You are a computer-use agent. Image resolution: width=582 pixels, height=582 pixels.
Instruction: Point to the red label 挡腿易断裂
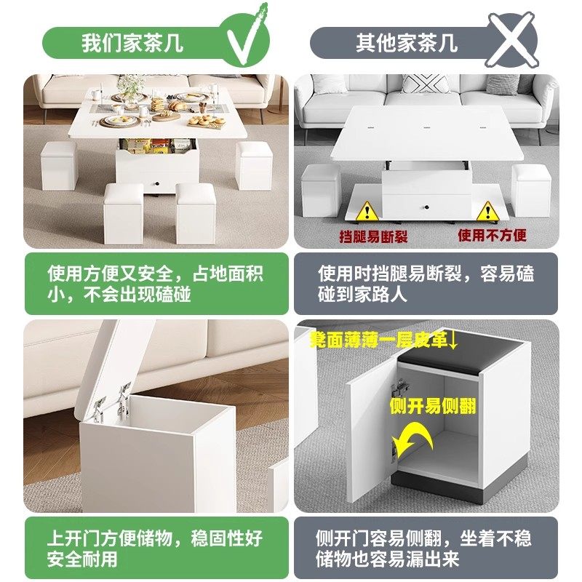374,236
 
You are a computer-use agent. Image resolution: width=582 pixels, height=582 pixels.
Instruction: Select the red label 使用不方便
492,236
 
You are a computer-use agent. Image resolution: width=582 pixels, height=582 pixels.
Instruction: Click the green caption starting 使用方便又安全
156,284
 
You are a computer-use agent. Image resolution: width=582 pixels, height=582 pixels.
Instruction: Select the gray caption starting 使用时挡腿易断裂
426,284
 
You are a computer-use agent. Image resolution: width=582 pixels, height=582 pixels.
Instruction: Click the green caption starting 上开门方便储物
156,549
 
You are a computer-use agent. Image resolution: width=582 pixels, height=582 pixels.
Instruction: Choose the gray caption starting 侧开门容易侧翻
426,549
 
